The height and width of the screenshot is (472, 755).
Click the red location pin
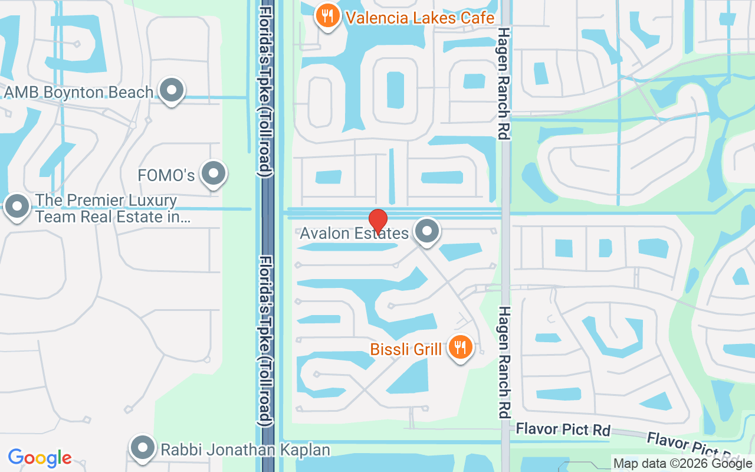pos(377,221)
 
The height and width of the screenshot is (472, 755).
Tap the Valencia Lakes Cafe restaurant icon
pos(327,15)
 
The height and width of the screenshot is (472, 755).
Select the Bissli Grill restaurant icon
pos(460,347)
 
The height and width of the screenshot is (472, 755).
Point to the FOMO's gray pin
pos(213,173)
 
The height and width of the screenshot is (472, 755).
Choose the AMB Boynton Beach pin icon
pos(172,91)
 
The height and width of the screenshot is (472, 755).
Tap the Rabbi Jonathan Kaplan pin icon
pos(142,448)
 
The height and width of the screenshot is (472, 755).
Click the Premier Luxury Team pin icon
pos(17,206)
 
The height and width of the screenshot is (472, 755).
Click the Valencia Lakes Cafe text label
pos(420,18)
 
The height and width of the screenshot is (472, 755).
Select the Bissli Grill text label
pos(406,349)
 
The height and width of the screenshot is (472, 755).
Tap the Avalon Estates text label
pos(354,234)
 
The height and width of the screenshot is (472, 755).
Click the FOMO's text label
pos(166,175)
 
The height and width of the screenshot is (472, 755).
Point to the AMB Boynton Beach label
pos(78,93)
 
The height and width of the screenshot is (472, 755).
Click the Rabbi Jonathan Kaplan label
pos(245,450)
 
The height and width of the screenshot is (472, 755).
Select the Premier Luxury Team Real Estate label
pos(106,209)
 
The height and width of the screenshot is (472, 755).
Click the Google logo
pos(40,458)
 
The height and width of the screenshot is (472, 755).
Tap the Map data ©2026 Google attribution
pos(682,464)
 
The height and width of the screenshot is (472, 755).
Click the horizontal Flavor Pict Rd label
pos(563,429)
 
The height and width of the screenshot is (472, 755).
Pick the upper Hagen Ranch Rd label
pos(503,83)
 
